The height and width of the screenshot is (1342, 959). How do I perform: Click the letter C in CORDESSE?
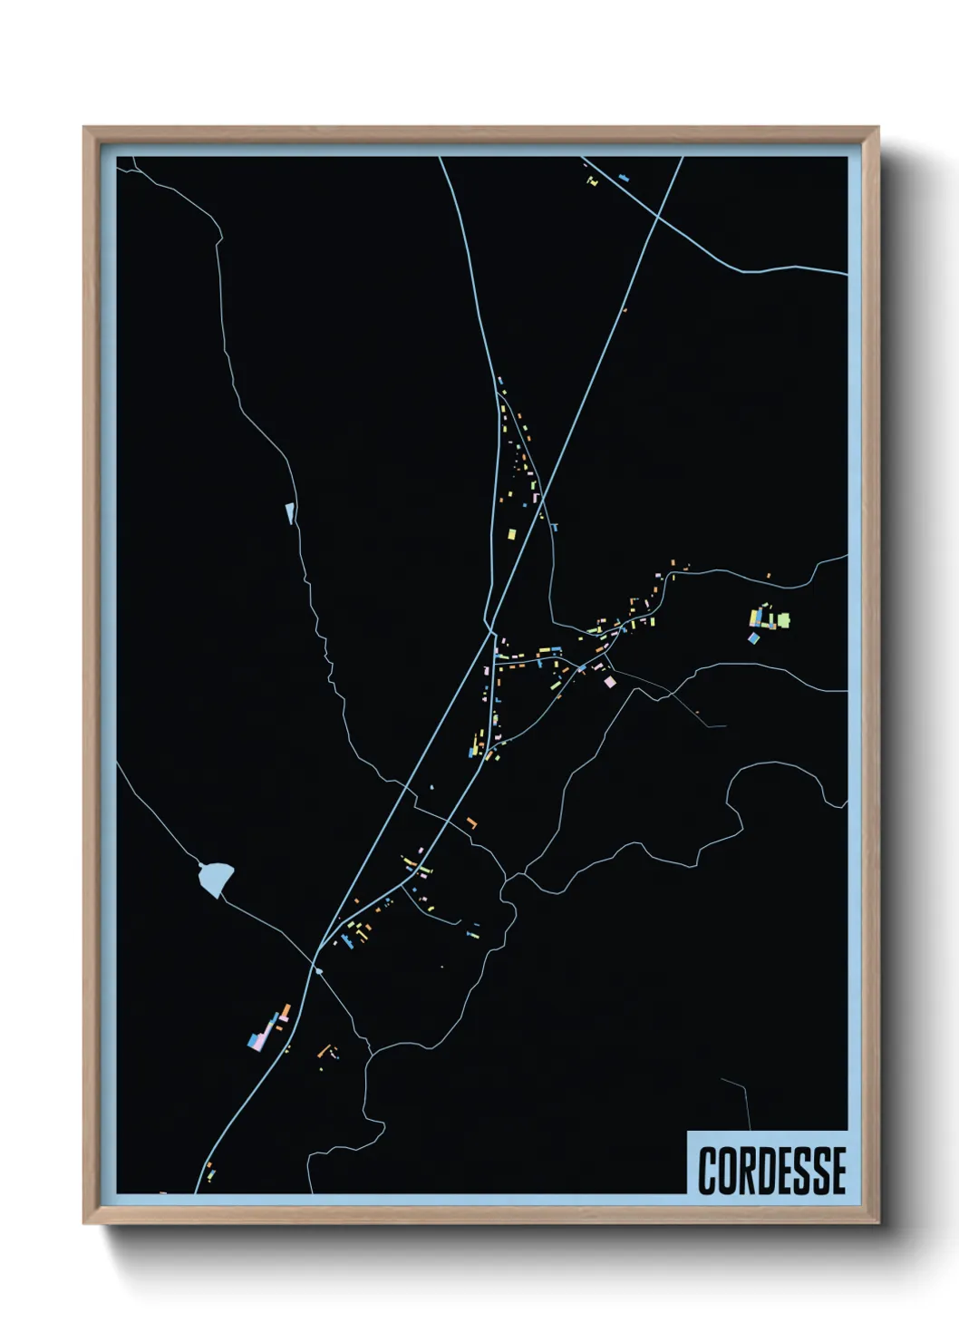[x=707, y=1171]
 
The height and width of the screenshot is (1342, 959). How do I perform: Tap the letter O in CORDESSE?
[x=727, y=1171]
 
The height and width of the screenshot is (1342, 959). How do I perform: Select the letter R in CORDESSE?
[x=749, y=1171]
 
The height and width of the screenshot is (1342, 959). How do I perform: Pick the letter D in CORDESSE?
[x=770, y=1171]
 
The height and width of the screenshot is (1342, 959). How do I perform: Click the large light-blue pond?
[x=216, y=878]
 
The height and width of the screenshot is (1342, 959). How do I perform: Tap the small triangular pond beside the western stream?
[x=290, y=513]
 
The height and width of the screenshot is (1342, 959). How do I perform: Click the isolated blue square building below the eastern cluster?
[x=753, y=638]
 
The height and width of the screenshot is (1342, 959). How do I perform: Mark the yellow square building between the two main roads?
[x=510, y=534]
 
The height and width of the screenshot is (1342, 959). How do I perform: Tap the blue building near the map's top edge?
[x=623, y=178]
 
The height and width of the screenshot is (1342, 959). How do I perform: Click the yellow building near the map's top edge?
[x=593, y=182]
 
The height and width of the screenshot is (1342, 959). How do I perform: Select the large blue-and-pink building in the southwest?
[x=260, y=1037]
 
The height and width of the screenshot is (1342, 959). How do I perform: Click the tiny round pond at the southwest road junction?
[x=317, y=971]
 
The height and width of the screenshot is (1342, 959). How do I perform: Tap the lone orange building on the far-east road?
[x=769, y=575]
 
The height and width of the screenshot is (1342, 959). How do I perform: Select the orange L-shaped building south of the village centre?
[x=471, y=822]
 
